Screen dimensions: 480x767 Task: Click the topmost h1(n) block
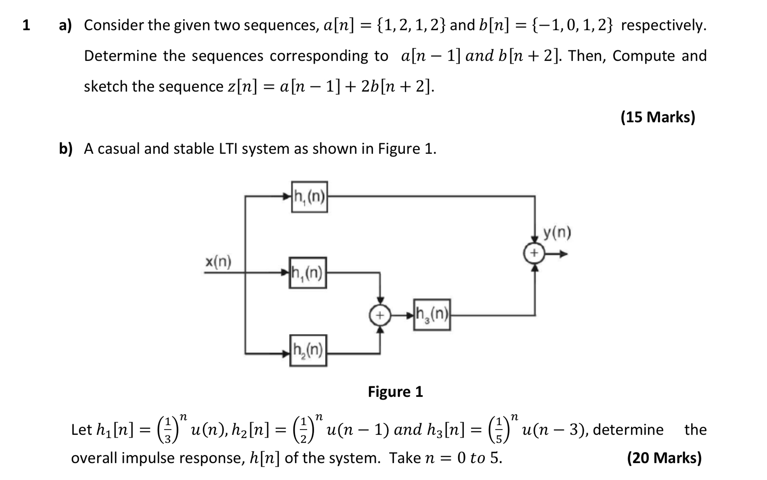tap(309, 197)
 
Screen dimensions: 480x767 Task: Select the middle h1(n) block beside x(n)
tap(308, 273)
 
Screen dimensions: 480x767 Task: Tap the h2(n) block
tap(308, 351)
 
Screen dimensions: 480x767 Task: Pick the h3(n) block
tap(432, 315)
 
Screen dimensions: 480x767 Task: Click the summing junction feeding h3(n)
tap(380, 315)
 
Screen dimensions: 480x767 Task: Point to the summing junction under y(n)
tap(534, 253)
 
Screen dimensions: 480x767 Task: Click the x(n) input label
tap(218, 262)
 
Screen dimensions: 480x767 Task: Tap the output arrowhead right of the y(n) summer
tap(563, 254)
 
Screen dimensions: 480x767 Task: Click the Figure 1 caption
tap(395, 391)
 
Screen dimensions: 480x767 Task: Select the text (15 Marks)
tap(658, 117)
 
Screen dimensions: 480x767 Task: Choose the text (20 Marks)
tap(664, 457)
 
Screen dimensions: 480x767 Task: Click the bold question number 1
tap(26, 25)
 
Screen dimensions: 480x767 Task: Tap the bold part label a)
tap(65, 25)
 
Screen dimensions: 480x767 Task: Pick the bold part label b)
tap(66, 149)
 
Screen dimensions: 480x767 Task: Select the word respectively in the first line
tap(664, 25)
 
